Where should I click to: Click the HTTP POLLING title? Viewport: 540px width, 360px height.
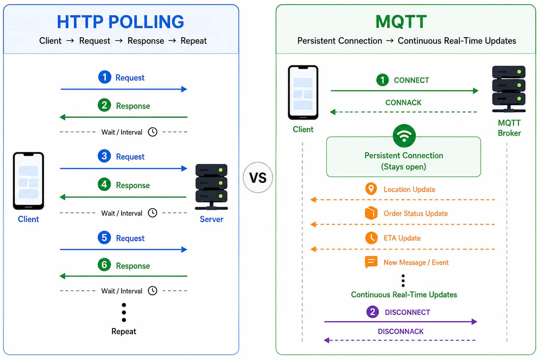click(x=120, y=22)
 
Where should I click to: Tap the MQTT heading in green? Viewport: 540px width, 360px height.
click(x=401, y=22)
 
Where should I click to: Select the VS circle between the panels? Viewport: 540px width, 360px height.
click(x=258, y=178)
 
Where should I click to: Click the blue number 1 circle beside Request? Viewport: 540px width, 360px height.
click(x=105, y=77)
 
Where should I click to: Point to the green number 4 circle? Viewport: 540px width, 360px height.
click(x=104, y=185)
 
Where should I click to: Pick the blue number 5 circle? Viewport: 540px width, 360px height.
click(x=104, y=238)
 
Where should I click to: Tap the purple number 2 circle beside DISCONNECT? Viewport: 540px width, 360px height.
click(x=372, y=312)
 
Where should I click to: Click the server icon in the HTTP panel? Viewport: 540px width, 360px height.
click(x=211, y=187)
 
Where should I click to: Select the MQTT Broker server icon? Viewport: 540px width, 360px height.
click(x=509, y=89)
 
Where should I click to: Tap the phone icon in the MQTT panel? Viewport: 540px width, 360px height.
click(x=303, y=92)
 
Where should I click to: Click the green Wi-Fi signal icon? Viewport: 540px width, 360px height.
click(x=404, y=136)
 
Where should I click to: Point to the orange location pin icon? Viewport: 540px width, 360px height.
click(x=371, y=188)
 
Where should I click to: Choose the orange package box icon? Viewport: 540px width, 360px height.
click(x=371, y=213)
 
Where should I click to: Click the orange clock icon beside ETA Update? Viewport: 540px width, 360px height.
click(x=371, y=238)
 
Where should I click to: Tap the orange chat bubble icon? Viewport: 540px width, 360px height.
click(x=371, y=262)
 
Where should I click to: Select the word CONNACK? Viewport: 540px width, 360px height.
click(x=403, y=102)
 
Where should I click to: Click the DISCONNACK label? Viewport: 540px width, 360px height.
click(x=401, y=331)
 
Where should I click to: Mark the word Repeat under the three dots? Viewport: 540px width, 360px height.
click(x=124, y=331)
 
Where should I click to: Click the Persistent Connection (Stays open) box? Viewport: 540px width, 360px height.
click(x=404, y=157)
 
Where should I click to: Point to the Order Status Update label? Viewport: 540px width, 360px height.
click(x=416, y=213)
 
